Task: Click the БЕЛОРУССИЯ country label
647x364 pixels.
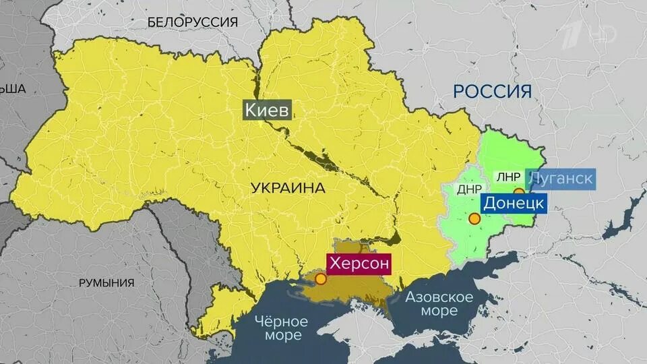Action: click(x=193, y=22)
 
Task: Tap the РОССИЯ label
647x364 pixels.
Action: click(x=492, y=91)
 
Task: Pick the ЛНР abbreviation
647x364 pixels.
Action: click(x=508, y=177)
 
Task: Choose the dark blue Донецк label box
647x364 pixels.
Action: click(x=513, y=202)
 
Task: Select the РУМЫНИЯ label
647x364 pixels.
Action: click(x=106, y=282)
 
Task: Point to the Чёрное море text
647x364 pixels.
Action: click(x=282, y=329)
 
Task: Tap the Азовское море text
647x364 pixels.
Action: click(x=439, y=304)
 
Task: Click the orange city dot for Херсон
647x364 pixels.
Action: click(x=320, y=278)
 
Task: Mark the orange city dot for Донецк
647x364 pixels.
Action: click(x=474, y=218)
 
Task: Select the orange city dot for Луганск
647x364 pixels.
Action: click(x=518, y=192)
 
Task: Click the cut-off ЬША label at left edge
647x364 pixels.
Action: click(x=12, y=89)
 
